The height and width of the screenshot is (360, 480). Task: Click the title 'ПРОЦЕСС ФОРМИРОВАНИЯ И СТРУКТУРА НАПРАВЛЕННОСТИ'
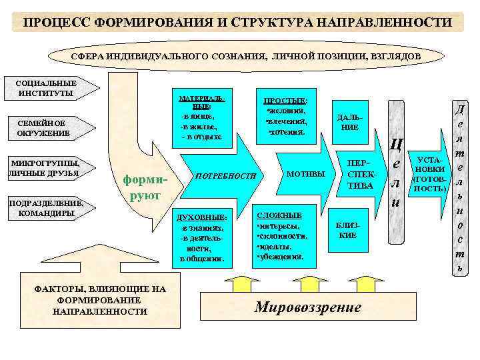pyautogui.click(x=237, y=23)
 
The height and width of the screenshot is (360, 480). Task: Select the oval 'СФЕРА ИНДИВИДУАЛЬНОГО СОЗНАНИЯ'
pyautogui.click(x=245, y=57)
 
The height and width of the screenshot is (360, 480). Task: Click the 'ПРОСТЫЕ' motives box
pyautogui.click(x=286, y=115)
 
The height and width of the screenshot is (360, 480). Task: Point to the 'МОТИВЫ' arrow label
pyautogui.click(x=305, y=174)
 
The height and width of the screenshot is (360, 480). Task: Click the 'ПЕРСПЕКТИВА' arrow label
pyautogui.click(x=359, y=175)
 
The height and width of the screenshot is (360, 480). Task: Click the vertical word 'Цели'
pyautogui.click(x=396, y=173)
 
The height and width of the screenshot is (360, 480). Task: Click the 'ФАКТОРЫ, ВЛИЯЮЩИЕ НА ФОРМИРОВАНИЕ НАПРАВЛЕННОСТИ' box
pyautogui.click(x=99, y=300)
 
